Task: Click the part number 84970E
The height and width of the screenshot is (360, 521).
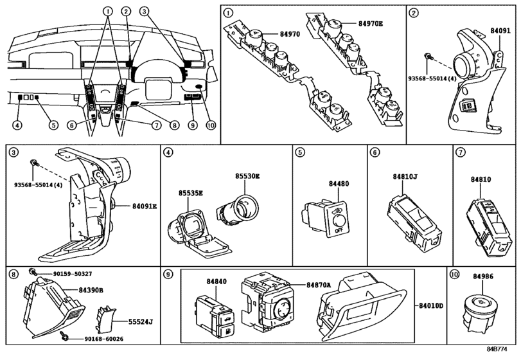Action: pos(371,24)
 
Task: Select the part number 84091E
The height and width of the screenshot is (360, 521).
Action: pos(145,206)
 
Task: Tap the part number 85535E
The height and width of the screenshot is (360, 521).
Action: pos(190,193)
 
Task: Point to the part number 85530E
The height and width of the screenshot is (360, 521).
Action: pos(247,176)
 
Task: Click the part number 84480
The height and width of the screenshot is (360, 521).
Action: pos(339,183)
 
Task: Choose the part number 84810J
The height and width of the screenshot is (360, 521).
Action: pos(405,177)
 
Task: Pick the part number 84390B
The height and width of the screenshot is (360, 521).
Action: pos(91,290)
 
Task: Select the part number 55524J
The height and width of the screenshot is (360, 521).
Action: pos(141,322)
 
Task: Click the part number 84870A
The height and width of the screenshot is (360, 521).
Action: pos(319,285)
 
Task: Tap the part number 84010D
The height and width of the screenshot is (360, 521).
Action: pos(431,306)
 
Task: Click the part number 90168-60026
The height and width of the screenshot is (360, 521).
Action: pos(103,339)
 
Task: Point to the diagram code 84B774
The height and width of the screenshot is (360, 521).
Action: pos(497,349)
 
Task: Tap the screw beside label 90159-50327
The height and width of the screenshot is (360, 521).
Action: pos(33,271)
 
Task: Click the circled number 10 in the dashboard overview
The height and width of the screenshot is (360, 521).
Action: pos(211,125)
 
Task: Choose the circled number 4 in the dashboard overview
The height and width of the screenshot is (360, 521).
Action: pos(17,125)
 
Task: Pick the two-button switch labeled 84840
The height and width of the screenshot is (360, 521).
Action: pos(215,316)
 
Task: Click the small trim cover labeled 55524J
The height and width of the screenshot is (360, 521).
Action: pos(104,319)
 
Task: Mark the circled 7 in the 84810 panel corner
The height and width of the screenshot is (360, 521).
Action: pos(461,152)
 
